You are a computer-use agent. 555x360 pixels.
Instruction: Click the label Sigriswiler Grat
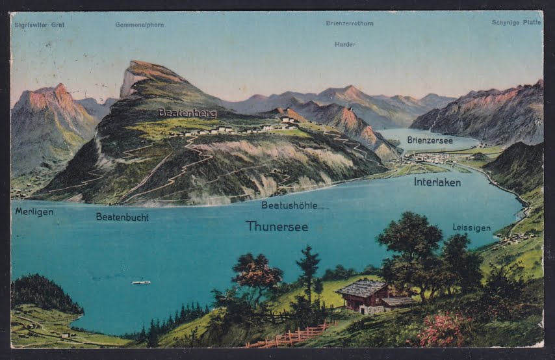[40, 25]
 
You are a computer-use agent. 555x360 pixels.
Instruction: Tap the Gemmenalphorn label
[139, 25]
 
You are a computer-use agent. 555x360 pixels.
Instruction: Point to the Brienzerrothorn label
[350, 23]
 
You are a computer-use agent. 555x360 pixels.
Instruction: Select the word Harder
[344, 44]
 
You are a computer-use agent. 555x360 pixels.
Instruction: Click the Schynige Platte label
[516, 22]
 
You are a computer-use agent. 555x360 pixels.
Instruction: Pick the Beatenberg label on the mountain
[187, 112]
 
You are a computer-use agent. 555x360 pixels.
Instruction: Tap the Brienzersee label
[430, 140]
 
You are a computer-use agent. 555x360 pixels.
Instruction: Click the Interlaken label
[437, 182]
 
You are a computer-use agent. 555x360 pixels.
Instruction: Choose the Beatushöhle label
[289, 205]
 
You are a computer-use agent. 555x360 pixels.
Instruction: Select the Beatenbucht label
[122, 217]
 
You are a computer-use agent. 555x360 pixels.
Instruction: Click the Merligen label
[34, 212]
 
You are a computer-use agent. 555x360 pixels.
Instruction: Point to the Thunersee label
[277, 226]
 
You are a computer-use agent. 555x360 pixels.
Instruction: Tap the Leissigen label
[472, 227]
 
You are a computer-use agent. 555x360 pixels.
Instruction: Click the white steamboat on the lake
[141, 282]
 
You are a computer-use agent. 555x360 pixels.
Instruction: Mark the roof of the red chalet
[361, 288]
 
